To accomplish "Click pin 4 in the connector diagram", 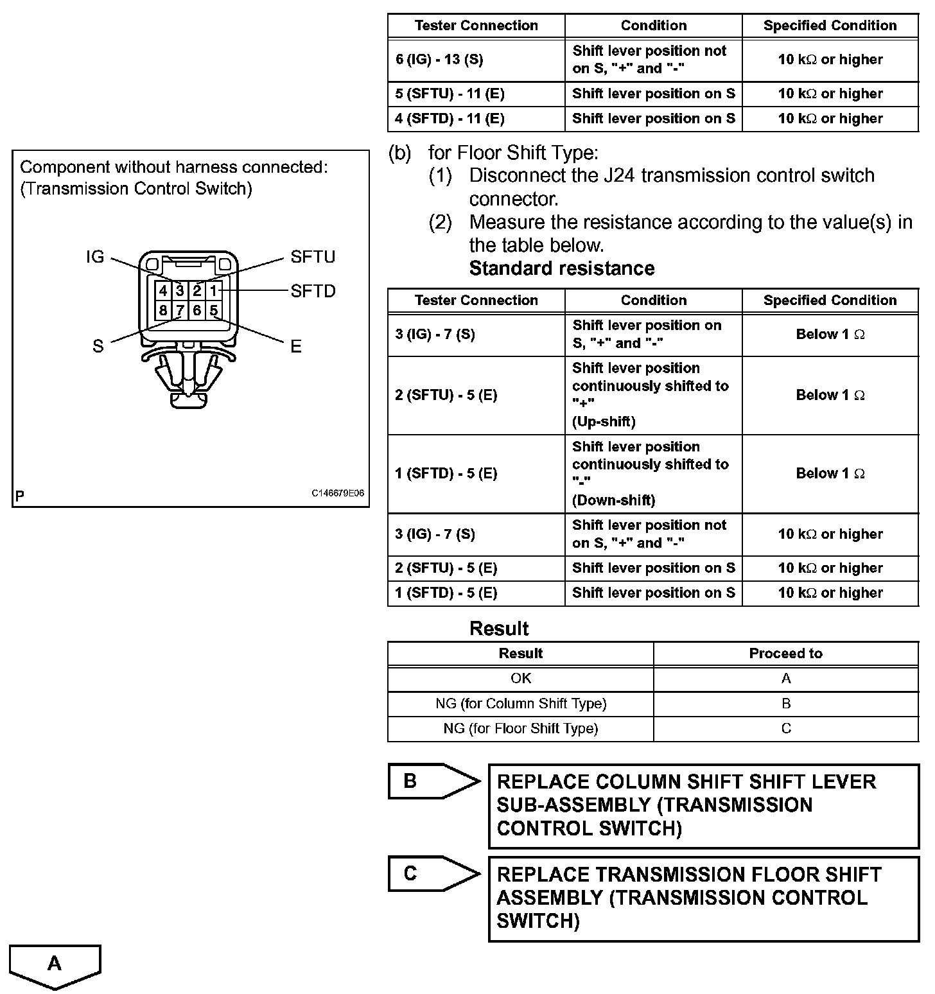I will (163, 291).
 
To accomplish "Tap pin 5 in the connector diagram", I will (214, 311).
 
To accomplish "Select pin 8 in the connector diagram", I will (163, 311).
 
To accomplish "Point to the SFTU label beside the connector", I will (313, 257).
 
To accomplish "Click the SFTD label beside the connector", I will (313, 291).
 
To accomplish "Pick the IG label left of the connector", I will (95, 257).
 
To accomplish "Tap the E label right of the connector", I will (295, 347).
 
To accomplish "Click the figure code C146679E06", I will (338, 494).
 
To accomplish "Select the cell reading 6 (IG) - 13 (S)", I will (476, 60).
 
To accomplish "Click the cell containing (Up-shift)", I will (653, 395).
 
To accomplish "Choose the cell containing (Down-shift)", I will (653, 473).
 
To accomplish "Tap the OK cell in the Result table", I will (520, 679).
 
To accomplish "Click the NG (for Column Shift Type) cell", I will (520, 704).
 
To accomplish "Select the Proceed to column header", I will (785, 654).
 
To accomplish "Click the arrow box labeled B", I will (433, 781).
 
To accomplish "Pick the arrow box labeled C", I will (433, 874).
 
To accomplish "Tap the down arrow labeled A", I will (55, 966).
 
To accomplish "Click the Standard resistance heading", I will (562, 268).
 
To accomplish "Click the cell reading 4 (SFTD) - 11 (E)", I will (476, 119).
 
